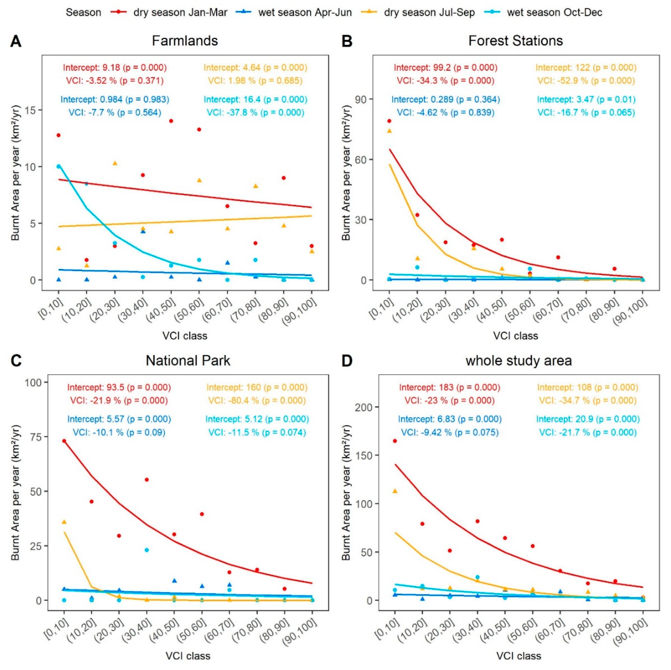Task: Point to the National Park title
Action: coord(188,361)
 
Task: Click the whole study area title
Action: coord(518,361)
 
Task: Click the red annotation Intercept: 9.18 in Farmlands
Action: coord(115,67)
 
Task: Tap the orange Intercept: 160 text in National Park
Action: coord(257,387)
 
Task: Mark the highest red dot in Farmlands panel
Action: coord(171,121)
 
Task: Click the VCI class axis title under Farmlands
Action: coord(185,336)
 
